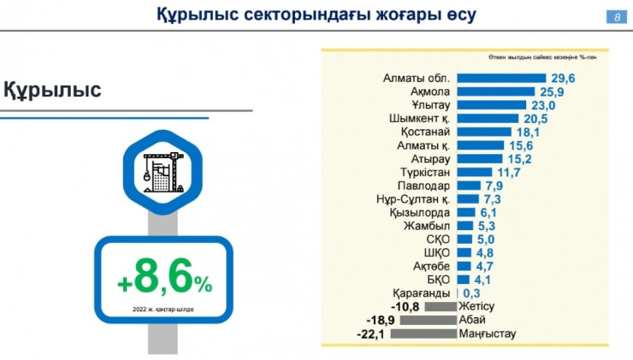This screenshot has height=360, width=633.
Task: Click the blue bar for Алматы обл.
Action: (x=492, y=77)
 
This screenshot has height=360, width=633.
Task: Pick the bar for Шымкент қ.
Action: (x=482, y=118)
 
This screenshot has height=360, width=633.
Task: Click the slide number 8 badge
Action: (x=615, y=17)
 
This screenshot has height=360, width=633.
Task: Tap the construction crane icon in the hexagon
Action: (x=161, y=167)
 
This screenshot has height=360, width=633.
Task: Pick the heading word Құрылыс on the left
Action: (x=53, y=90)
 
